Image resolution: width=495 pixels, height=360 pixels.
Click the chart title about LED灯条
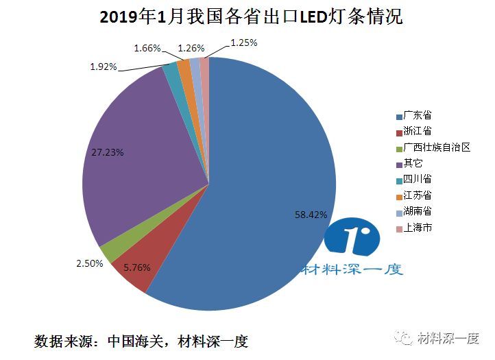pos(251,17)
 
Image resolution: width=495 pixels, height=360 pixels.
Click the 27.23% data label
pos(107,152)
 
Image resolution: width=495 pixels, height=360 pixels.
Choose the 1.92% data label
pos(104,67)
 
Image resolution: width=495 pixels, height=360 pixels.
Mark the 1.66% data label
pos(147,48)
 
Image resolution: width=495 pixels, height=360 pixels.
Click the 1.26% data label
pos(191,48)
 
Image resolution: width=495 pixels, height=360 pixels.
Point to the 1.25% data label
pos(243,43)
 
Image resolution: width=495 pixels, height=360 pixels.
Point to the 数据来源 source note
pos(141,340)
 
